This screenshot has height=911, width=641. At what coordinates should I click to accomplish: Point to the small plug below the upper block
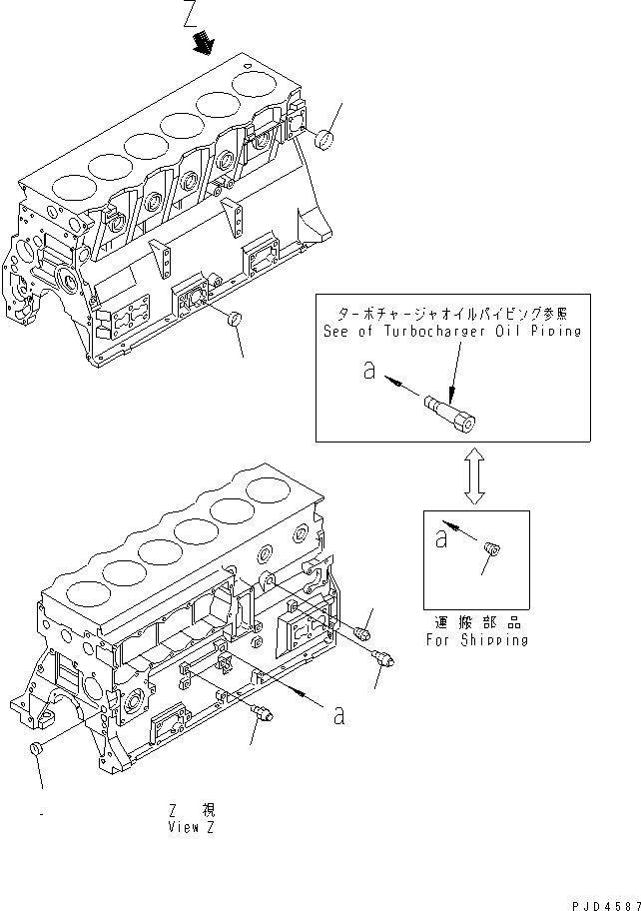tap(235, 320)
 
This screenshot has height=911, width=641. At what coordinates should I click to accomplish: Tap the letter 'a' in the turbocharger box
tap(368, 372)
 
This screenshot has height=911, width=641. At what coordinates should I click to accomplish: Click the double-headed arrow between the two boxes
tap(476, 478)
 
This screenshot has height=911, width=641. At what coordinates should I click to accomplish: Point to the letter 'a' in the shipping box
tap(439, 538)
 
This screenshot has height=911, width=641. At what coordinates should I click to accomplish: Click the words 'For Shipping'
tap(476, 640)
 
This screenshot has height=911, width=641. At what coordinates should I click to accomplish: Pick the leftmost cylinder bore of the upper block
tap(68, 185)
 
